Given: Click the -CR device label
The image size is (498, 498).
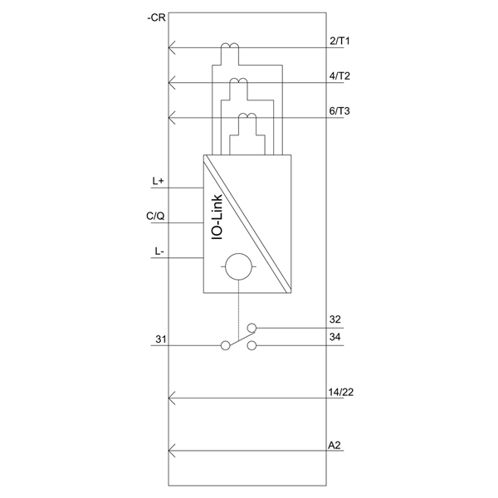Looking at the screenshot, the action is [x=156, y=17].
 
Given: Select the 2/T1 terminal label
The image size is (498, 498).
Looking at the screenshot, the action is [x=339, y=41].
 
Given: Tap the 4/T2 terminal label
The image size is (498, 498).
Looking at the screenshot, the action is [x=339, y=76].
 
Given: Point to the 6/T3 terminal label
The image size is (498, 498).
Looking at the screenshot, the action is [x=339, y=111].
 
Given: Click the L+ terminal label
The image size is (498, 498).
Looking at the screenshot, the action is [x=159, y=181].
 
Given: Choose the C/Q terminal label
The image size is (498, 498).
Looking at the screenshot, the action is [x=155, y=217].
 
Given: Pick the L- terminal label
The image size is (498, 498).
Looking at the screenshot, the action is [x=159, y=251].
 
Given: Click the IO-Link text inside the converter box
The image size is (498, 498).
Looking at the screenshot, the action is [x=217, y=217].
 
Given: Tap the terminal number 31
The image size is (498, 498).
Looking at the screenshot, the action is [x=161, y=339].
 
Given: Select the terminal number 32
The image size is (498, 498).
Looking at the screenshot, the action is [x=335, y=320].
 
